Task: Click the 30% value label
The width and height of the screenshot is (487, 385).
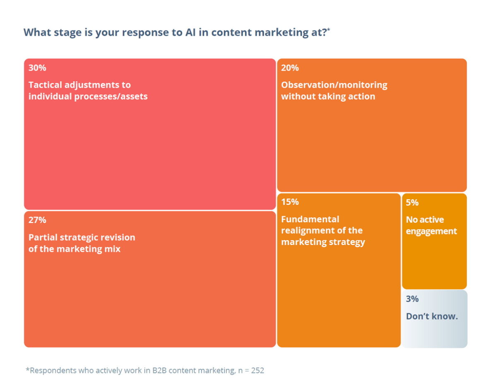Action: [x=37, y=68]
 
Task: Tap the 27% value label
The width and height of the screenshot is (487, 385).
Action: [x=37, y=220]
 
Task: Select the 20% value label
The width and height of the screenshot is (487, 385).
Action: [x=290, y=68]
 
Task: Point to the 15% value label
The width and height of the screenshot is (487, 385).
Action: [x=290, y=202]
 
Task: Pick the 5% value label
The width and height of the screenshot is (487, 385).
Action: [x=412, y=203]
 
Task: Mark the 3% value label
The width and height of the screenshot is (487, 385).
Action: [x=412, y=299]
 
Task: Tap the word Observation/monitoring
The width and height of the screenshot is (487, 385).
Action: [x=334, y=85]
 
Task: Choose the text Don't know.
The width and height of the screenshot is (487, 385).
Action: [x=432, y=316]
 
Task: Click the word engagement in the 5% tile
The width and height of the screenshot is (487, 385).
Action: [x=432, y=231]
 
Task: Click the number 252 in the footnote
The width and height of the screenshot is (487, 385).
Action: [x=257, y=370]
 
